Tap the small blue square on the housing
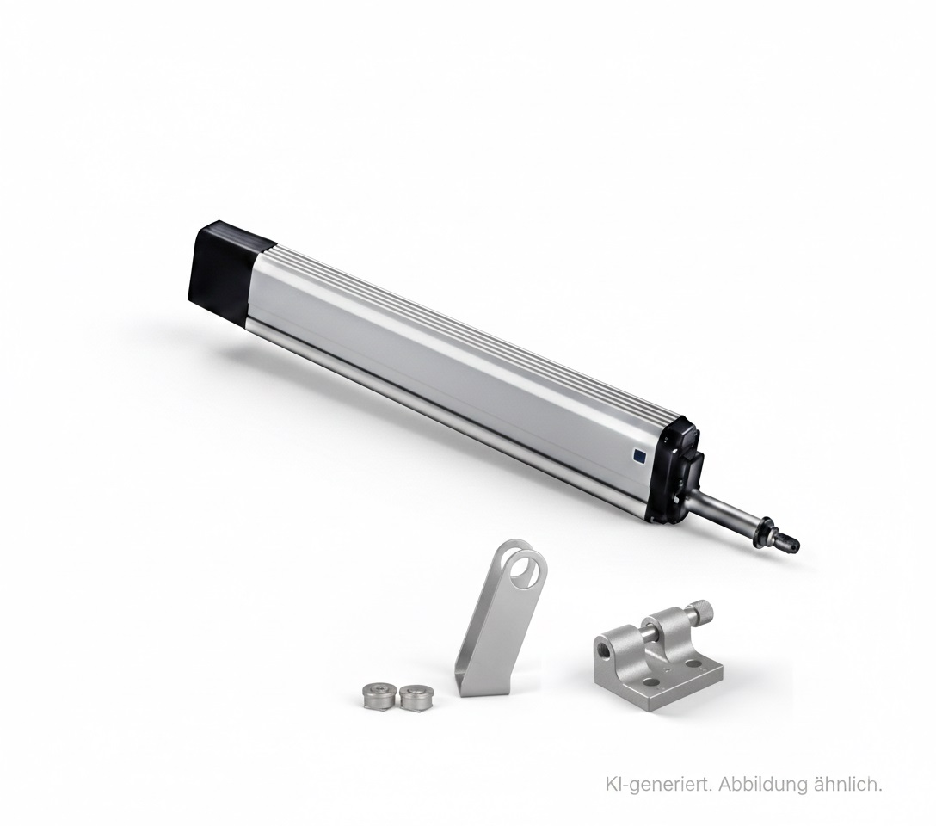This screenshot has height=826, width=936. [638, 456]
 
